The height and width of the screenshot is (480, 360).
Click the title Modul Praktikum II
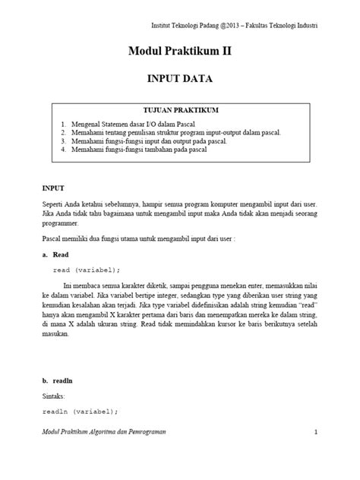pos(179,52)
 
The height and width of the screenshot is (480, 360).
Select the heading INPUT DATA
pos(179,77)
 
